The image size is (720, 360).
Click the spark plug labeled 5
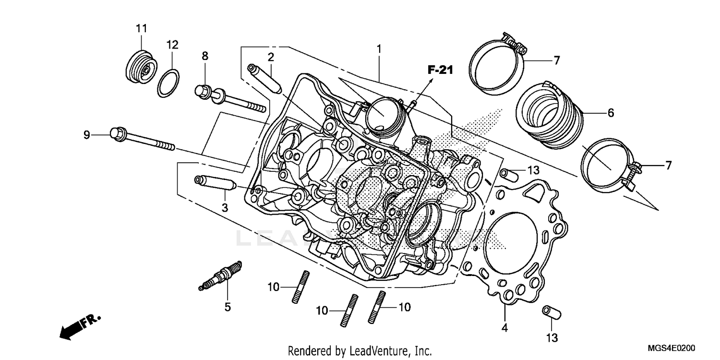pos(220,276)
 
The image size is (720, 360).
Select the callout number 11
pos(141,29)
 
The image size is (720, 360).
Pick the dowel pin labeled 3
pos(214,183)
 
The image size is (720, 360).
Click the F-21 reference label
pos(440,71)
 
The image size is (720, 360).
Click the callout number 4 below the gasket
pos(505,328)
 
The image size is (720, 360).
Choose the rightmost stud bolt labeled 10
pos(377,307)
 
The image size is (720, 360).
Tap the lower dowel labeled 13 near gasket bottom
pos(552,312)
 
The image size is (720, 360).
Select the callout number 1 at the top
pos(379,49)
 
